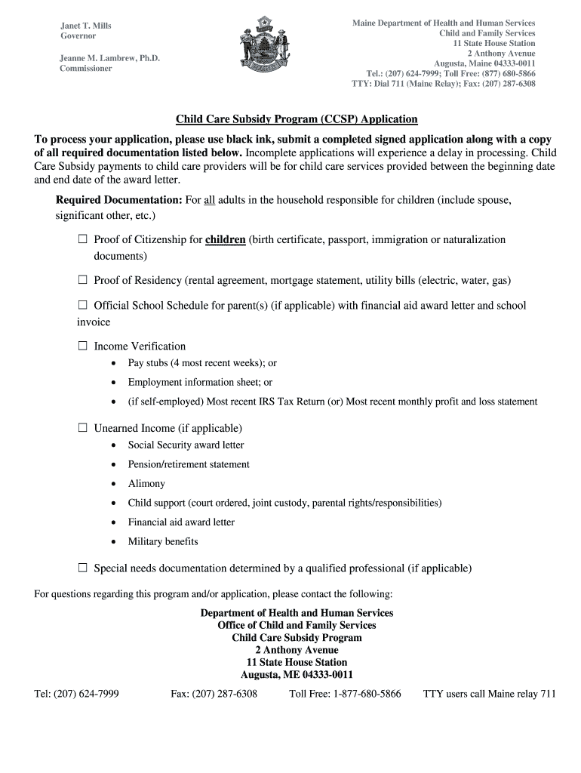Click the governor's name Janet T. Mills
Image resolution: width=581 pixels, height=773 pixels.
pyautogui.click(x=86, y=26)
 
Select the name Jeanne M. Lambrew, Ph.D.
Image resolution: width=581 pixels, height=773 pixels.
pyautogui.click(x=110, y=57)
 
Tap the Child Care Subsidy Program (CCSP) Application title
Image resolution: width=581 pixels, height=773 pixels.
pyautogui.click(x=297, y=119)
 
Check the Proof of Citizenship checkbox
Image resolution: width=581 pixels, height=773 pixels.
pyautogui.click(x=83, y=240)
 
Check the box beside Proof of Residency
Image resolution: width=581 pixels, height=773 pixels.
pyautogui.click(x=83, y=281)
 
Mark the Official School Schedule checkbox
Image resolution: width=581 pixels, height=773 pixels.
pyautogui.click(x=83, y=306)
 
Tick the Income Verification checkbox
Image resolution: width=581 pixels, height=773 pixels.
pyautogui.click(x=83, y=346)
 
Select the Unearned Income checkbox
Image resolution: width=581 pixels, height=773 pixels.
pyautogui.click(x=83, y=428)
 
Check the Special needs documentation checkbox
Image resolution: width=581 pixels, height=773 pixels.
pyautogui.click(x=83, y=568)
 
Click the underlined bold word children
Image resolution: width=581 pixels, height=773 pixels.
pyautogui.click(x=225, y=240)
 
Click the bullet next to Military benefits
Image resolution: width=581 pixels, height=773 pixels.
pyautogui.click(x=112, y=542)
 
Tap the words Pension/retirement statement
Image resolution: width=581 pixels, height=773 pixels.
pyautogui.click(x=189, y=464)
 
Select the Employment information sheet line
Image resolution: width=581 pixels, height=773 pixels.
pyautogui.click(x=200, y=383)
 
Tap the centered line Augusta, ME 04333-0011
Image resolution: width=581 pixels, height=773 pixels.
pyautogui.click(x=297, y=675)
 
